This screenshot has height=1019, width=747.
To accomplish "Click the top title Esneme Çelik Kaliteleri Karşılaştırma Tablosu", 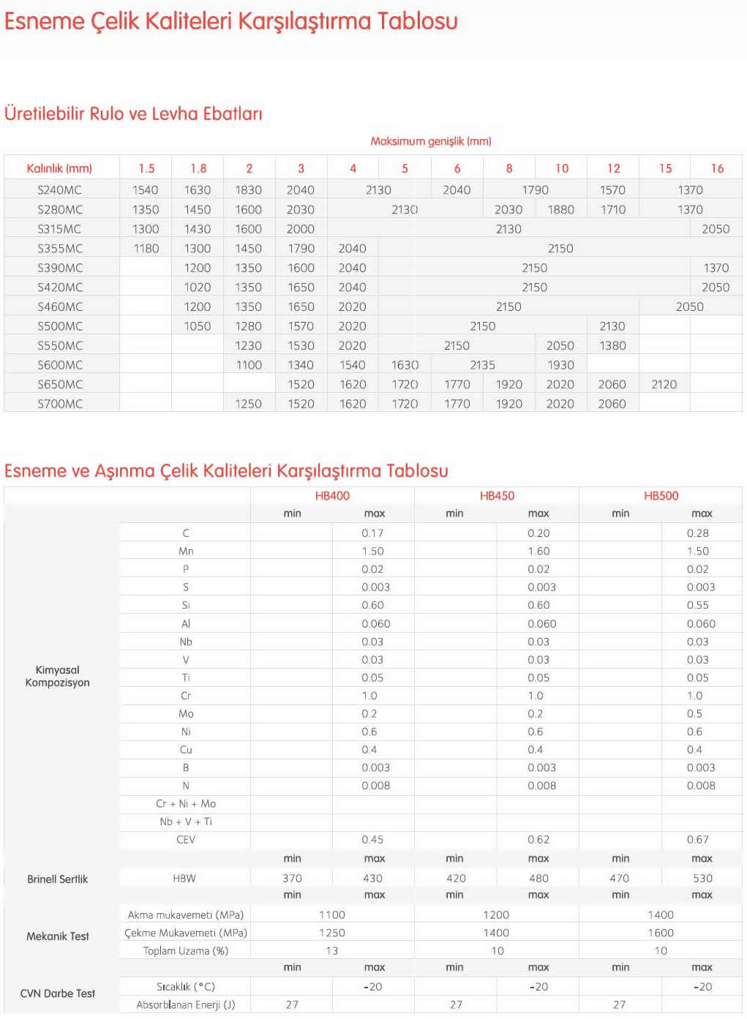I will tap(230, 21).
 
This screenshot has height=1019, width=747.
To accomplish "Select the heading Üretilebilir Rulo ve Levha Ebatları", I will tap(133, 113).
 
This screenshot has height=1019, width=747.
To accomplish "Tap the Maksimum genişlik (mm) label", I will tap(430, 141).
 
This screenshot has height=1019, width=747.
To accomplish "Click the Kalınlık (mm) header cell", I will tap(59, 168).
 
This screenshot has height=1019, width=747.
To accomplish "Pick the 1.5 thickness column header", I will tap(146, 168).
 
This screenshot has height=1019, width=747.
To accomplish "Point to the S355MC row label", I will tap(60, 249).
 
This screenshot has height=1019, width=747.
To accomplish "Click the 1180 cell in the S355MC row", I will tap(146, 249).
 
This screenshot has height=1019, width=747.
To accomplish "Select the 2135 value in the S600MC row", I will tap(482, 365).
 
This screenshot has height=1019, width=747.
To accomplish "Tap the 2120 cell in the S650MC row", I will tap(664, 384).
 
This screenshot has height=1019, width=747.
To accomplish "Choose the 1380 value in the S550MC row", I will tap(612, 345).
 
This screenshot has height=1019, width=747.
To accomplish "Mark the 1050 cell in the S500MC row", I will tap(197, 326).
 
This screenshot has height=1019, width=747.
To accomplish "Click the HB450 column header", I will tap(497, 496).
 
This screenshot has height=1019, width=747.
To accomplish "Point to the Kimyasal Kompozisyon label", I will tap(57, 676).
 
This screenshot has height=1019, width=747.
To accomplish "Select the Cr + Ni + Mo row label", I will tap(186, 803).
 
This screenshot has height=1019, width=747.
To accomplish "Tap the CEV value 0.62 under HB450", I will tap(538, 840).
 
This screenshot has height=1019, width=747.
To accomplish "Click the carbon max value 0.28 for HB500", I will tap(697, 533).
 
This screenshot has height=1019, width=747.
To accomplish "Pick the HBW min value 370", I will tap(292, 878).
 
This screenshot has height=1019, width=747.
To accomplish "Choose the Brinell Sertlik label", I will tap(57, 879).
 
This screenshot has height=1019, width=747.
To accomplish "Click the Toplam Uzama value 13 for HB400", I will tap(331, 950).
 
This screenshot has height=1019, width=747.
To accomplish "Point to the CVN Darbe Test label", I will tap(57, 993).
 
